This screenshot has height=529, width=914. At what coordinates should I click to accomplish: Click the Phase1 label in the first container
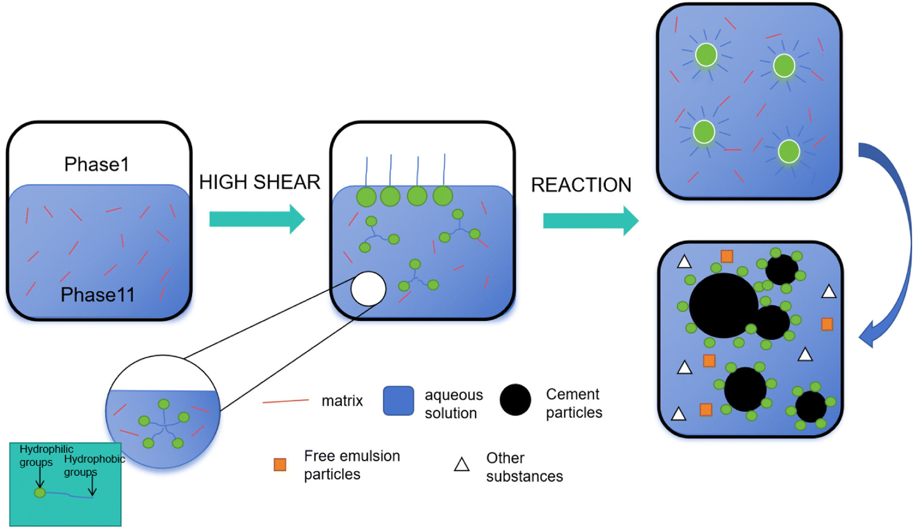[96, 164]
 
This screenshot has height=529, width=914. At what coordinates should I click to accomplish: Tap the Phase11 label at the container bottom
[98, 295]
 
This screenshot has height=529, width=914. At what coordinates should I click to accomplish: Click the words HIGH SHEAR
[259, 182]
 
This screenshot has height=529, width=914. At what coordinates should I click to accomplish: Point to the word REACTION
[581, 185]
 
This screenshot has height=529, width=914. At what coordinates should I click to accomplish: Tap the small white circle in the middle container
[368, 289]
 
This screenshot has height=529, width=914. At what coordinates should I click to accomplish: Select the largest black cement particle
[723, 305]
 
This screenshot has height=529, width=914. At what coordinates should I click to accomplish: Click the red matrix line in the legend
[286, 401]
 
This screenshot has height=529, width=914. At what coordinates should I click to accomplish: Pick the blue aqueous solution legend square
[398, 401]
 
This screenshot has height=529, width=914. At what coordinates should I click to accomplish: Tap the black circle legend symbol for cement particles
[515, 400]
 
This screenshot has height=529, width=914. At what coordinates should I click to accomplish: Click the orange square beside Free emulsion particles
[280, 464]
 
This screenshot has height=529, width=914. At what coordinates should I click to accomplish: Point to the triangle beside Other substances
[462, 464]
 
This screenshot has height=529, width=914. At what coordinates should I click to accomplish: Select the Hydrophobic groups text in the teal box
[93, 465]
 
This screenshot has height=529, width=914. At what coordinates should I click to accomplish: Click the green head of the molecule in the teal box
[40, 492]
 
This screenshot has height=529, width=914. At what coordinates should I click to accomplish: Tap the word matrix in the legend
[342, 401]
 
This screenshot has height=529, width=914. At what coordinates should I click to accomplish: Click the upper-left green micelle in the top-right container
[706, 55]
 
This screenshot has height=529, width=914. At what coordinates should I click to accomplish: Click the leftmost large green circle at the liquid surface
[366, 197]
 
